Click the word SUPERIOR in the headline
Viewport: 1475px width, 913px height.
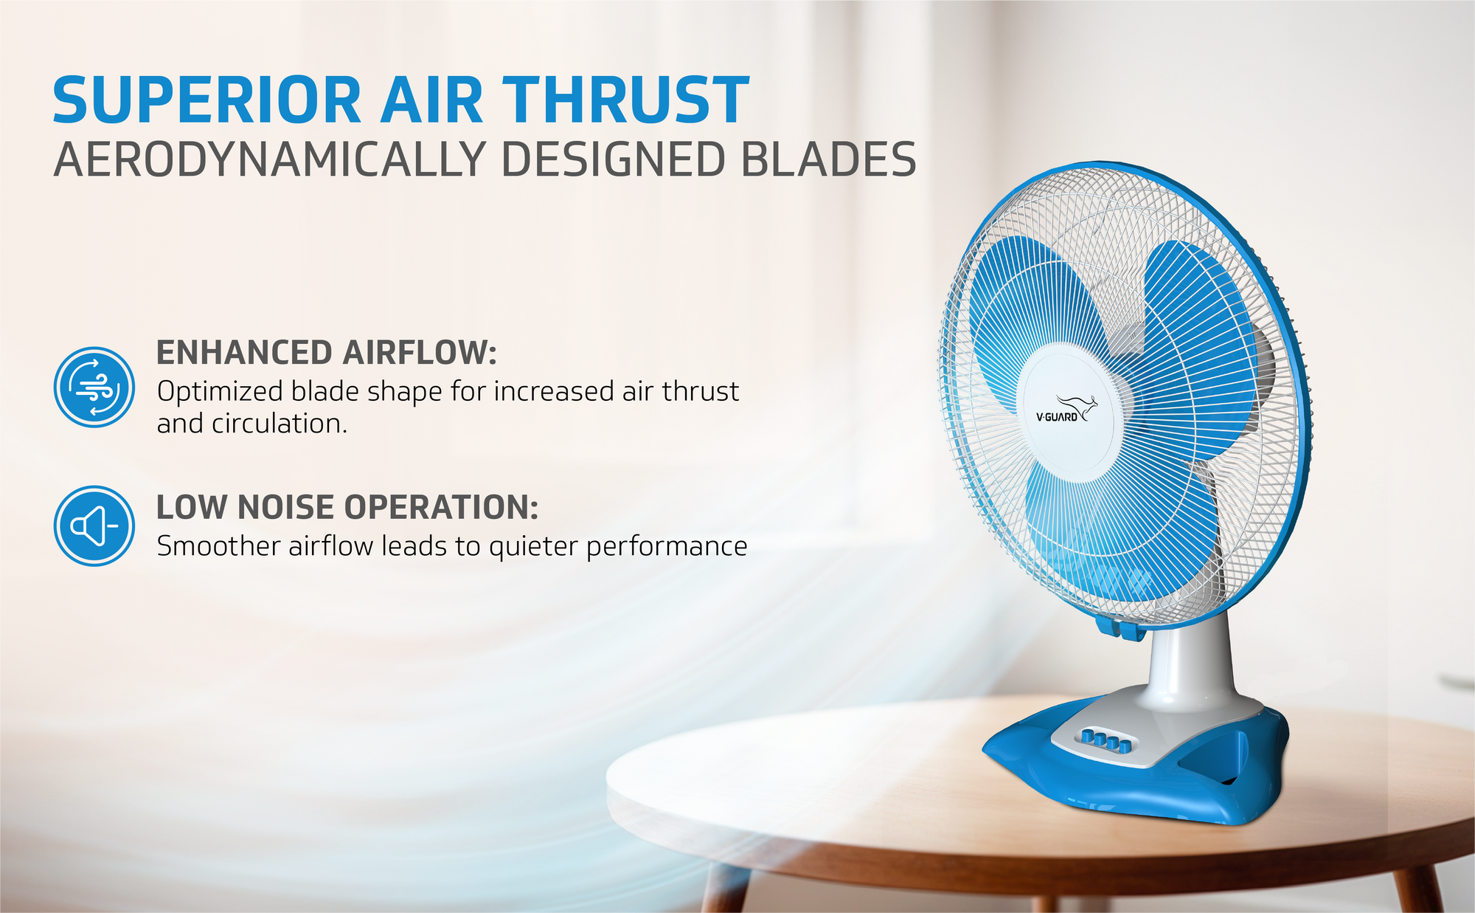pyautogui.click(x=207, y=100)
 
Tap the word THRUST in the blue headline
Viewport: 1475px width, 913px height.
pyautogui.click(x=626, y=100)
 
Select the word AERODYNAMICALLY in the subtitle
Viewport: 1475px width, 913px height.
pyautogui.click(x=269, y=159)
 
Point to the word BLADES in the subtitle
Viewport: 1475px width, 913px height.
pyautogui.click(x=828, y=159)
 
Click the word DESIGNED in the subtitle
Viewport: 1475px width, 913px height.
pyautogui.click(x=613, y=159)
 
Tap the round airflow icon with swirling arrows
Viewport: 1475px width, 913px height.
pyautogui.click(x=94, y=387)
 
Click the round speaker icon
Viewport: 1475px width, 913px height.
pyautogui.click(x=94, y=526)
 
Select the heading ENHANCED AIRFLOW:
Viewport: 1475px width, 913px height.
pyautogui.click(x=327, y=353)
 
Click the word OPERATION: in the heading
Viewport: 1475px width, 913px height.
pyautogui.click(x=442, y=508)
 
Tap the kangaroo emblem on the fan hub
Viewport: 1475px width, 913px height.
pyautogui.click(x=1077, y=406)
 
